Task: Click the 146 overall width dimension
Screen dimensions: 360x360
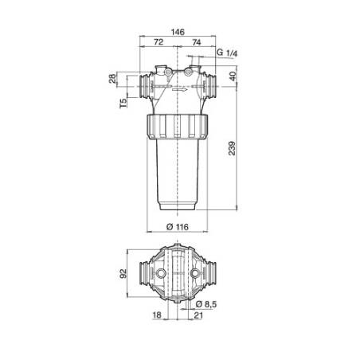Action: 178,32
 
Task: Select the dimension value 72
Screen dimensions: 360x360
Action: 158,42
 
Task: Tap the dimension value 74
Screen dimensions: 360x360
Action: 197,42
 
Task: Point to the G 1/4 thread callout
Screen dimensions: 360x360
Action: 227,53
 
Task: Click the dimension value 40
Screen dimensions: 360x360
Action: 233,76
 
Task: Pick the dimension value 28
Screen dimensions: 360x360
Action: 112,79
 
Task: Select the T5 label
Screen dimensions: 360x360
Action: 123,104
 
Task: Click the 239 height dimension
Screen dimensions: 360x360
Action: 232,148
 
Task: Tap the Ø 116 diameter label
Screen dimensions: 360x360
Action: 178,227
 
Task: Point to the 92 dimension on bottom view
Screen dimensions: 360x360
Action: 123,274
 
